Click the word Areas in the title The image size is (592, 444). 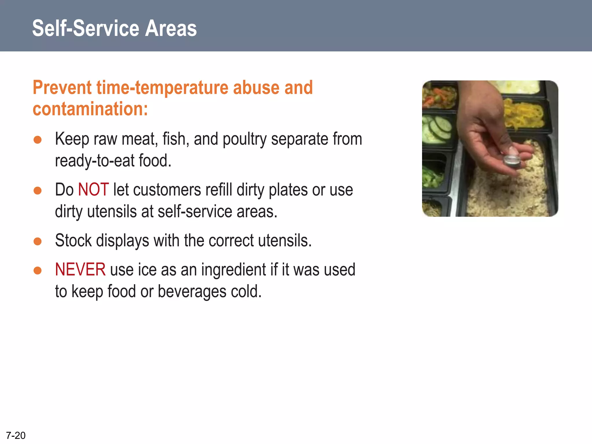[x=171, y=28]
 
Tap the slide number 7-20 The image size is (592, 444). [x=16, y=435]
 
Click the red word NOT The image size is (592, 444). [x=93, y=190]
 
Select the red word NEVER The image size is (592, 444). [x=80, y=270]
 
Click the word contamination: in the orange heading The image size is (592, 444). [x=90, y=109]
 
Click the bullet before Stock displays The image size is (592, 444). [x=38, y=241]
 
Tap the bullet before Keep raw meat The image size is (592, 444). [x=38, y=140]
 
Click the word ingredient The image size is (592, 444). [x=233, y=270]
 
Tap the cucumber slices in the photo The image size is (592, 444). [x=438, y=129]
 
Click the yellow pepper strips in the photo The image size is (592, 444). [x=523, y=116]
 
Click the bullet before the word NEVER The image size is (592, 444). [x=38, y=270]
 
